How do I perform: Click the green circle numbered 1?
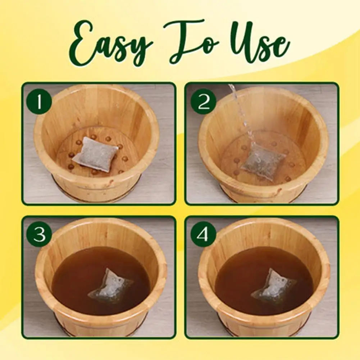(x=39, y=102)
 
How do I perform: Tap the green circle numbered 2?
(x=204, y=102)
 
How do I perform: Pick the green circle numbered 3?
(x=39, y=234)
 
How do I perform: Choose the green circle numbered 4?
(x=204, y=234)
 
